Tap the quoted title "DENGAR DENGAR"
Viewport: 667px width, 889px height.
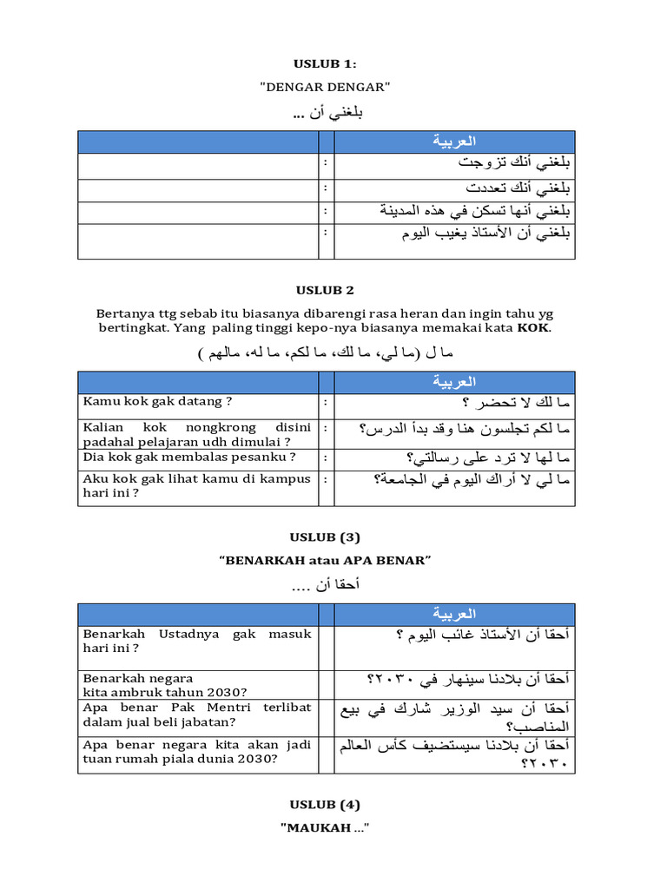[x=326, y=87]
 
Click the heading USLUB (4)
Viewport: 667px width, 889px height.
[x=326, y=804]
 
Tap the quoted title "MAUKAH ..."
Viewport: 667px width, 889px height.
[x=326, y=828]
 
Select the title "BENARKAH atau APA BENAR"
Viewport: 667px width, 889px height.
[x=326, y=561]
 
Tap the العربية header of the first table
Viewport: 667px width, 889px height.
[x=454, y=142]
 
